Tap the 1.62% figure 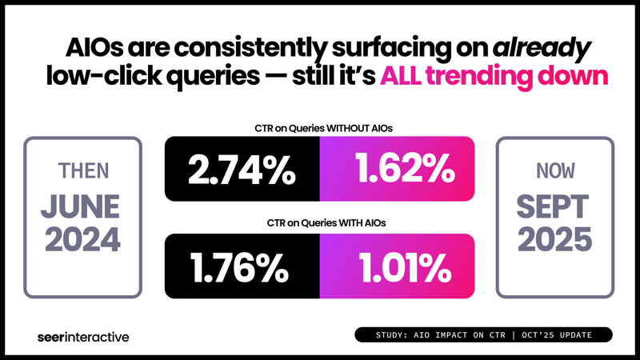coord(397,169)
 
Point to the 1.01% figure coord(397,266)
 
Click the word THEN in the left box coord(82,171)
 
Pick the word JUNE coord(82,207)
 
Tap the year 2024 coord(82,240)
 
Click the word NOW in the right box coord(554,171)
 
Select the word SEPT coord(554,207)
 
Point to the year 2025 coord(554,240)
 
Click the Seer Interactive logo coord(83,337)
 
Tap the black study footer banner coord(483,334)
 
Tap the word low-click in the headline coord(98,79)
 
